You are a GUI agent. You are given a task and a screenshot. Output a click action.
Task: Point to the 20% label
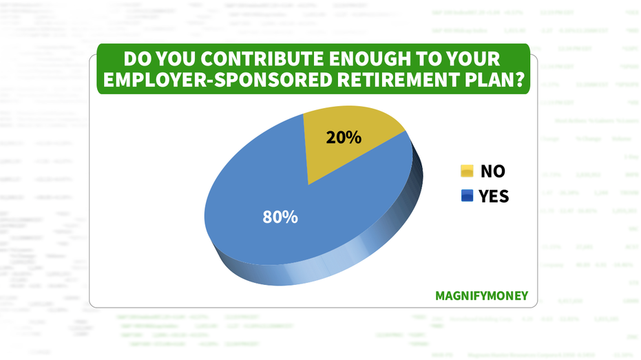[x=344, y=138]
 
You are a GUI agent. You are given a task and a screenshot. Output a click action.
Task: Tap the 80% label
[x=280, y=217]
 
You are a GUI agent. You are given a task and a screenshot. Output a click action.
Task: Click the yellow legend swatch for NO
[x=467, y=171]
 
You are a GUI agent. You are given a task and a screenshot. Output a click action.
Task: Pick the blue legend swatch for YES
[x=467, y=197]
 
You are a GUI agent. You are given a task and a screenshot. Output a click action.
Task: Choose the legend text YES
[x=494, y=197]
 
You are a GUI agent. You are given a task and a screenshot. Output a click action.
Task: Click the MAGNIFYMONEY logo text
[x=482, y=296]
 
